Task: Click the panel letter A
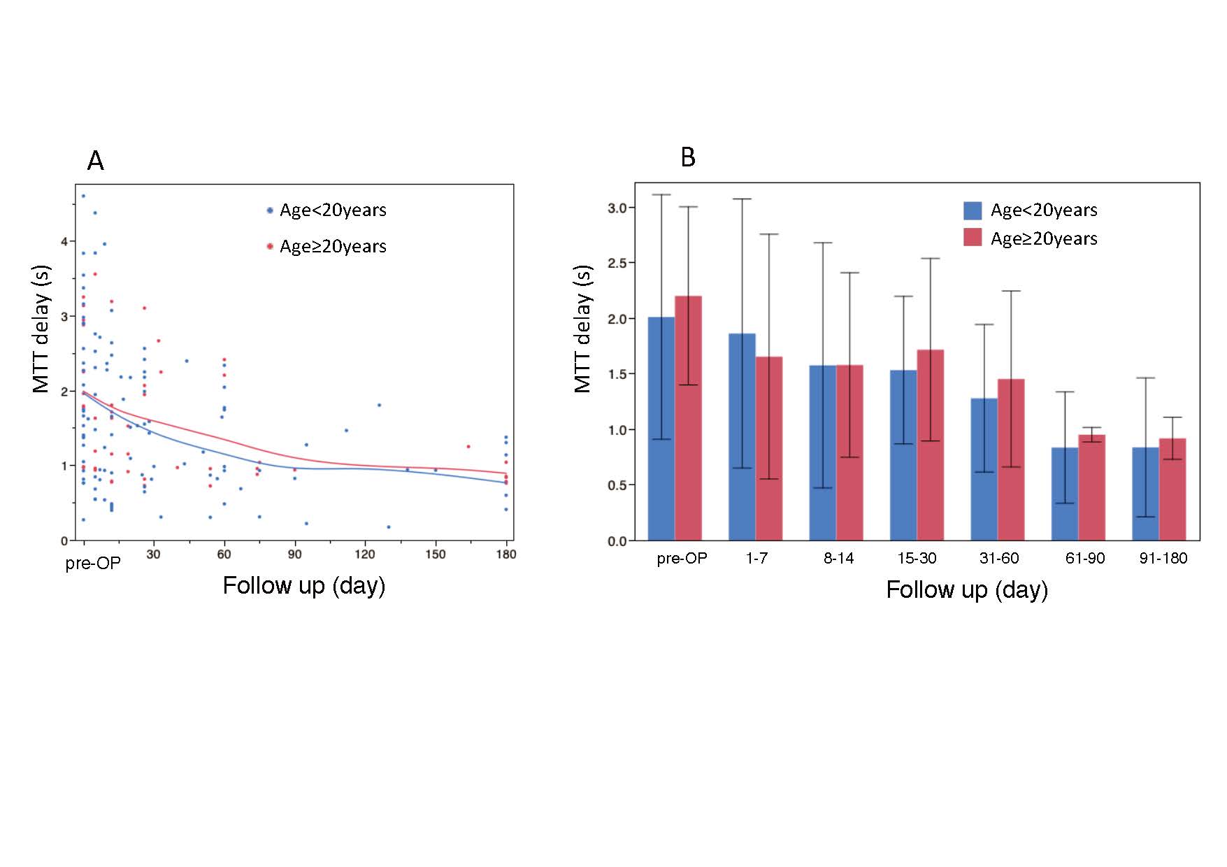tap(96, 162)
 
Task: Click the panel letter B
tap(688, 157)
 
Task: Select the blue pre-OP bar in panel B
tap(661, 428)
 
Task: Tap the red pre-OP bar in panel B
tap(688, 418)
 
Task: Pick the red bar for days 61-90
tap(1091, 487)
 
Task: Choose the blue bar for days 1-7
tap(742, 436)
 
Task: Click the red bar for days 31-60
tap(1011, 459)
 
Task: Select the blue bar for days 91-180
tap(1145, 494)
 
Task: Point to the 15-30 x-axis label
tap(917, 559)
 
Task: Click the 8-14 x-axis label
tap(838, 559)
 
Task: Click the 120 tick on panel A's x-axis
tap(364, 554)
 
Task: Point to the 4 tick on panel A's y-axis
tap(64, 242)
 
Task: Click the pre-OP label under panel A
tap(93, 564)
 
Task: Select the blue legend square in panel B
tap(972, 210)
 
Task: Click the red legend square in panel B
tap(972, 238)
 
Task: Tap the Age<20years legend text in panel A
tap(333, 210)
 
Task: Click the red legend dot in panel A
tap(270, 246)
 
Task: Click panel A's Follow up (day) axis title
tap(304, 585)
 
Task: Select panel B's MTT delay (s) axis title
tap(582, 329)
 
